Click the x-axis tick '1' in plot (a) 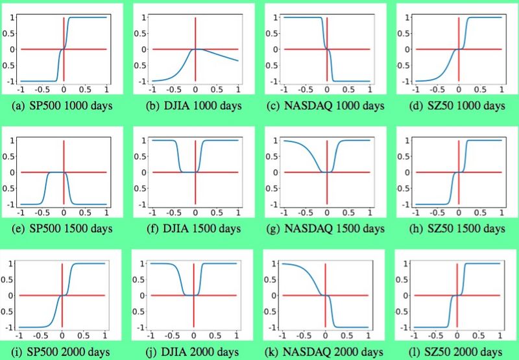[106, 89]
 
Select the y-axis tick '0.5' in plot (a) [8, 33]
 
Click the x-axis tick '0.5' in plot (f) [217, 212]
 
